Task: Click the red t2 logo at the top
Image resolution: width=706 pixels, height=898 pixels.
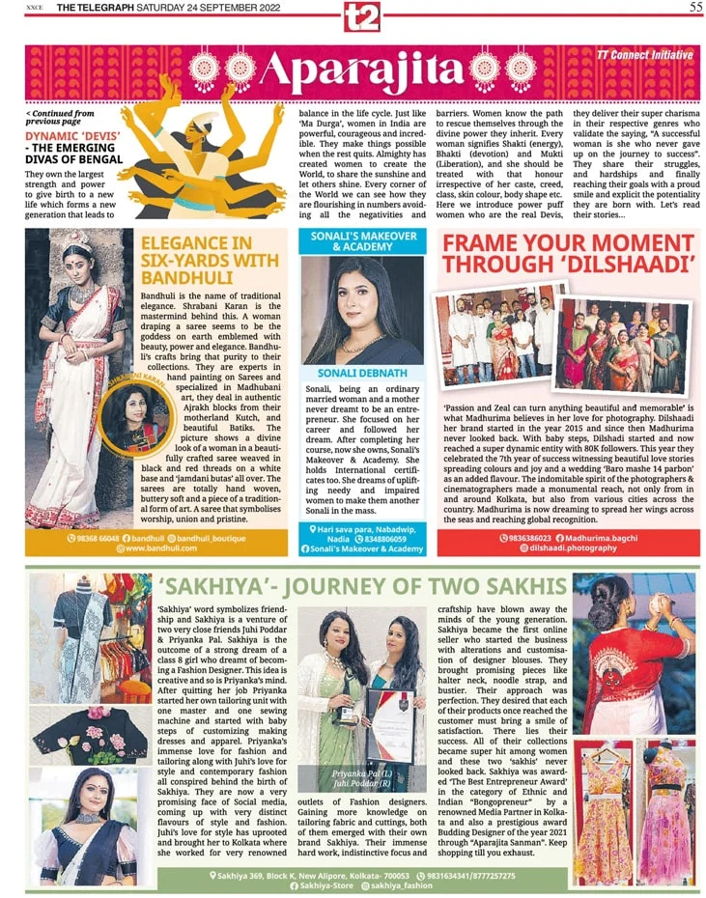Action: click(x=362, y=15)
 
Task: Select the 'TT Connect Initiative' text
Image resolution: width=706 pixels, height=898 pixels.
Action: click(x=644, y=55)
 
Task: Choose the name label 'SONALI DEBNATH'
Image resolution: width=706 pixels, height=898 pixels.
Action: click(x=362, y=372)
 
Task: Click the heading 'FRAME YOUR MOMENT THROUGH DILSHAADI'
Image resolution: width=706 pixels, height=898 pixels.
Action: click(x=568, y=253)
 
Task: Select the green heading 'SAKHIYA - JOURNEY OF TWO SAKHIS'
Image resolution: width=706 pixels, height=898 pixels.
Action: click(x=361, y=587)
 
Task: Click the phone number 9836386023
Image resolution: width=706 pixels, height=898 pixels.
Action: click(x=527, y=537)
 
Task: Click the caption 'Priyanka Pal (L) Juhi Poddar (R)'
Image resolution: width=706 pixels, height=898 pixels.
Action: click(x=361, y=777)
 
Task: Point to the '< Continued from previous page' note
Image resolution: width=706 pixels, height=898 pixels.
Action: click(x=60, y=118)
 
